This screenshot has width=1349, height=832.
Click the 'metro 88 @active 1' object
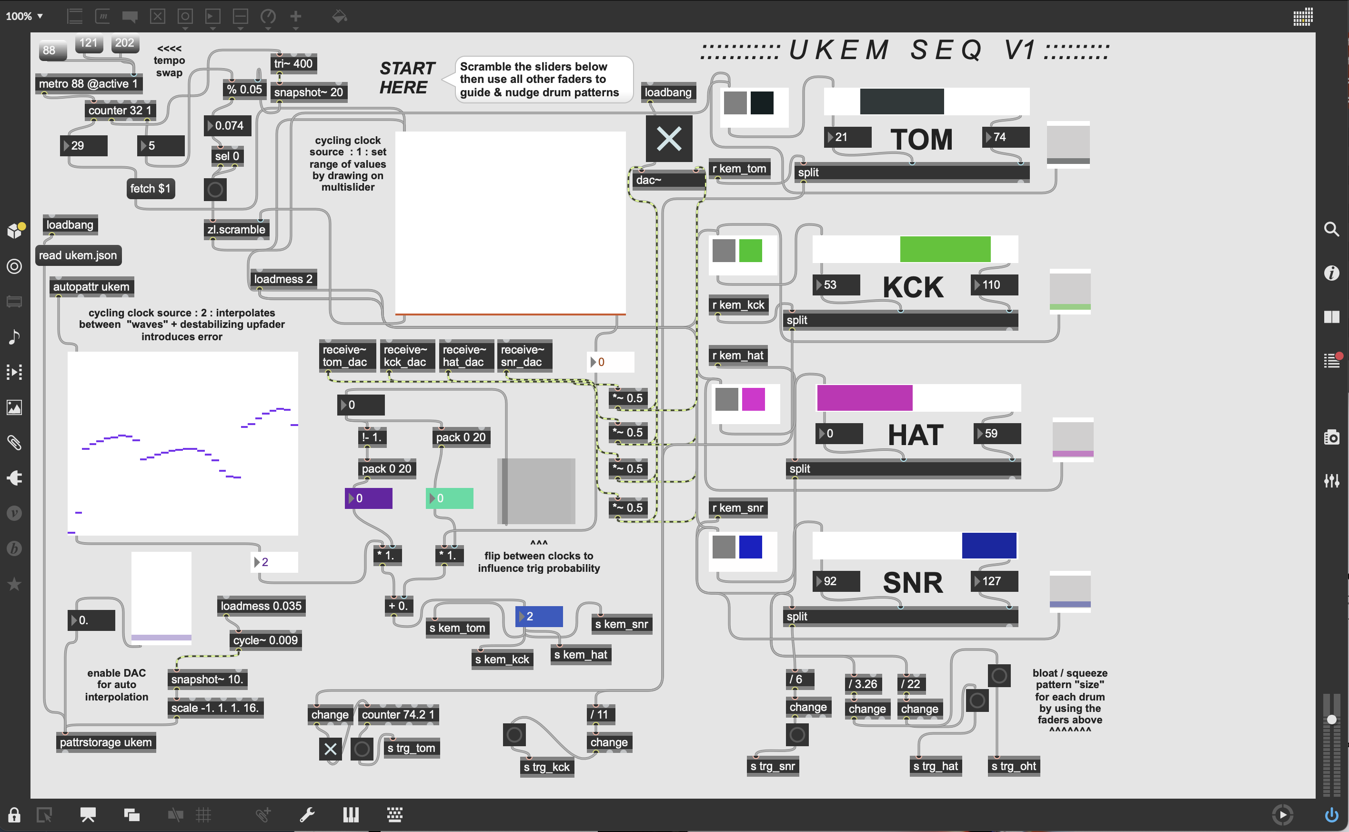pyautogui.click(x=88, y=84)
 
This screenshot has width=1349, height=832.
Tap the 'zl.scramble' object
pyautogui.click(x=236, y=230)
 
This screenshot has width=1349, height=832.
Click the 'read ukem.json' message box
pyautogui.click(x=78, y=255)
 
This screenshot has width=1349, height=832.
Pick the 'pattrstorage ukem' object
pyautogui.click(x=106, y=742)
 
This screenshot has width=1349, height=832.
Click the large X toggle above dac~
pyautogui.click(x=669, y=139)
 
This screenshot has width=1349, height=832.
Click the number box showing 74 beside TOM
pyautogui.click(x=1005, y=137)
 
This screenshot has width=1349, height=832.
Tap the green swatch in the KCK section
pyautogui.click(x=750, y=251)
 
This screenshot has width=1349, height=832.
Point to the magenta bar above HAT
pyautogui.click(x=865, y=398)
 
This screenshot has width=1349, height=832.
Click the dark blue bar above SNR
pyautogui.click(x=989, y=546)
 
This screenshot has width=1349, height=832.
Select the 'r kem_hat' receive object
pyautogui.click(x=737, y=355)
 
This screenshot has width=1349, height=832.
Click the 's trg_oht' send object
pyautogui.click(x=1013, y=766)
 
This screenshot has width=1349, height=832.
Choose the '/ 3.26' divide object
pyautogui.click(x=863, y=684)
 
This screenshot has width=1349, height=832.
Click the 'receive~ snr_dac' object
pyautogui.click(x=523, y=355)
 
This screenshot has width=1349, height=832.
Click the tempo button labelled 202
pyautogui.click(x=124, y=43)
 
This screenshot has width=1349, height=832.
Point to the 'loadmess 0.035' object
pyautogui.click(x=261, y=606)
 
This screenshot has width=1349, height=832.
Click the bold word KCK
pyautogui.click(x=913, y=287)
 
